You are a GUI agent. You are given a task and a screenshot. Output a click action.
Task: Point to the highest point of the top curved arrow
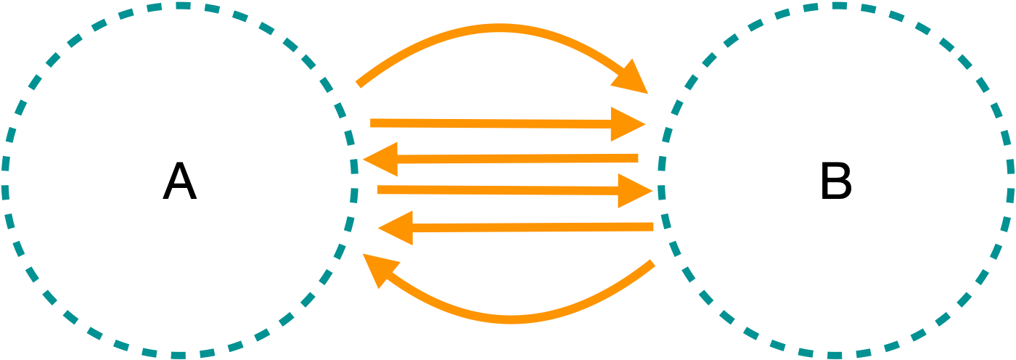pos(501,28)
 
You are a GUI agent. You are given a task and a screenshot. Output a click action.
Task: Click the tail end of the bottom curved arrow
pos(654,263)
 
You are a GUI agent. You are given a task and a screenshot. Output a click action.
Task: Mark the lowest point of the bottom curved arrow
pos(512,319)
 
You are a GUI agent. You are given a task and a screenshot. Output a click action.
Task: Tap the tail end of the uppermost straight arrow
pos(371,123)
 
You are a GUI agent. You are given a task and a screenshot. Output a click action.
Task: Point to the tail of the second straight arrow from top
pos(638,157)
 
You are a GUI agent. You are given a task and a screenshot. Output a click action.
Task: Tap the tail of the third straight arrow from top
pos(377,189)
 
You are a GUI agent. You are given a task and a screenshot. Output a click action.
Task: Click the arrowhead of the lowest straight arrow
pos(396,229)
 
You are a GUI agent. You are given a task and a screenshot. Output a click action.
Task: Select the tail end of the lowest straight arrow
pos(653,227)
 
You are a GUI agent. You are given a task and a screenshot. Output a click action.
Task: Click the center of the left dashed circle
pos(180,180)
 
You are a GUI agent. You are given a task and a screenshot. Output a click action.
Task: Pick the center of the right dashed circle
pos(837,180)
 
